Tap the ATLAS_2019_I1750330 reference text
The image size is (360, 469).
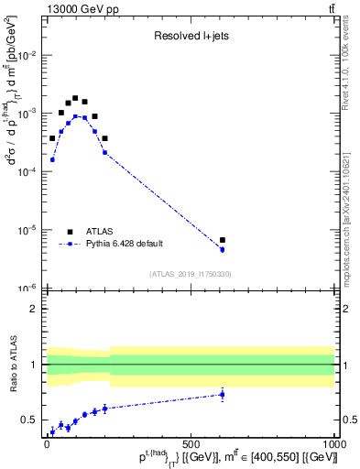point(191,274)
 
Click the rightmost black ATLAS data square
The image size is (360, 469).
point(223,240)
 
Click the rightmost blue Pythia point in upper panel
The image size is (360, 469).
point(223,249)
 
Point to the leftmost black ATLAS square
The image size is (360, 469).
point(52,138)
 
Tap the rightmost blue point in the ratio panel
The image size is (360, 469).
point(223,395)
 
